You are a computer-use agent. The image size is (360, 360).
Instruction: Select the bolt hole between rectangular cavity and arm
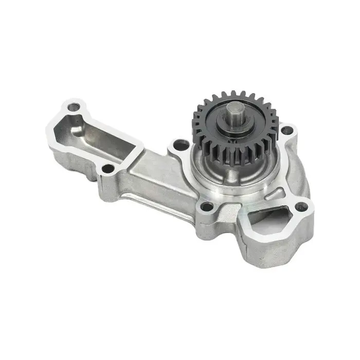(107, 168)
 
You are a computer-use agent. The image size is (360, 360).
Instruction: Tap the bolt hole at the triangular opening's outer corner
(302, 207)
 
